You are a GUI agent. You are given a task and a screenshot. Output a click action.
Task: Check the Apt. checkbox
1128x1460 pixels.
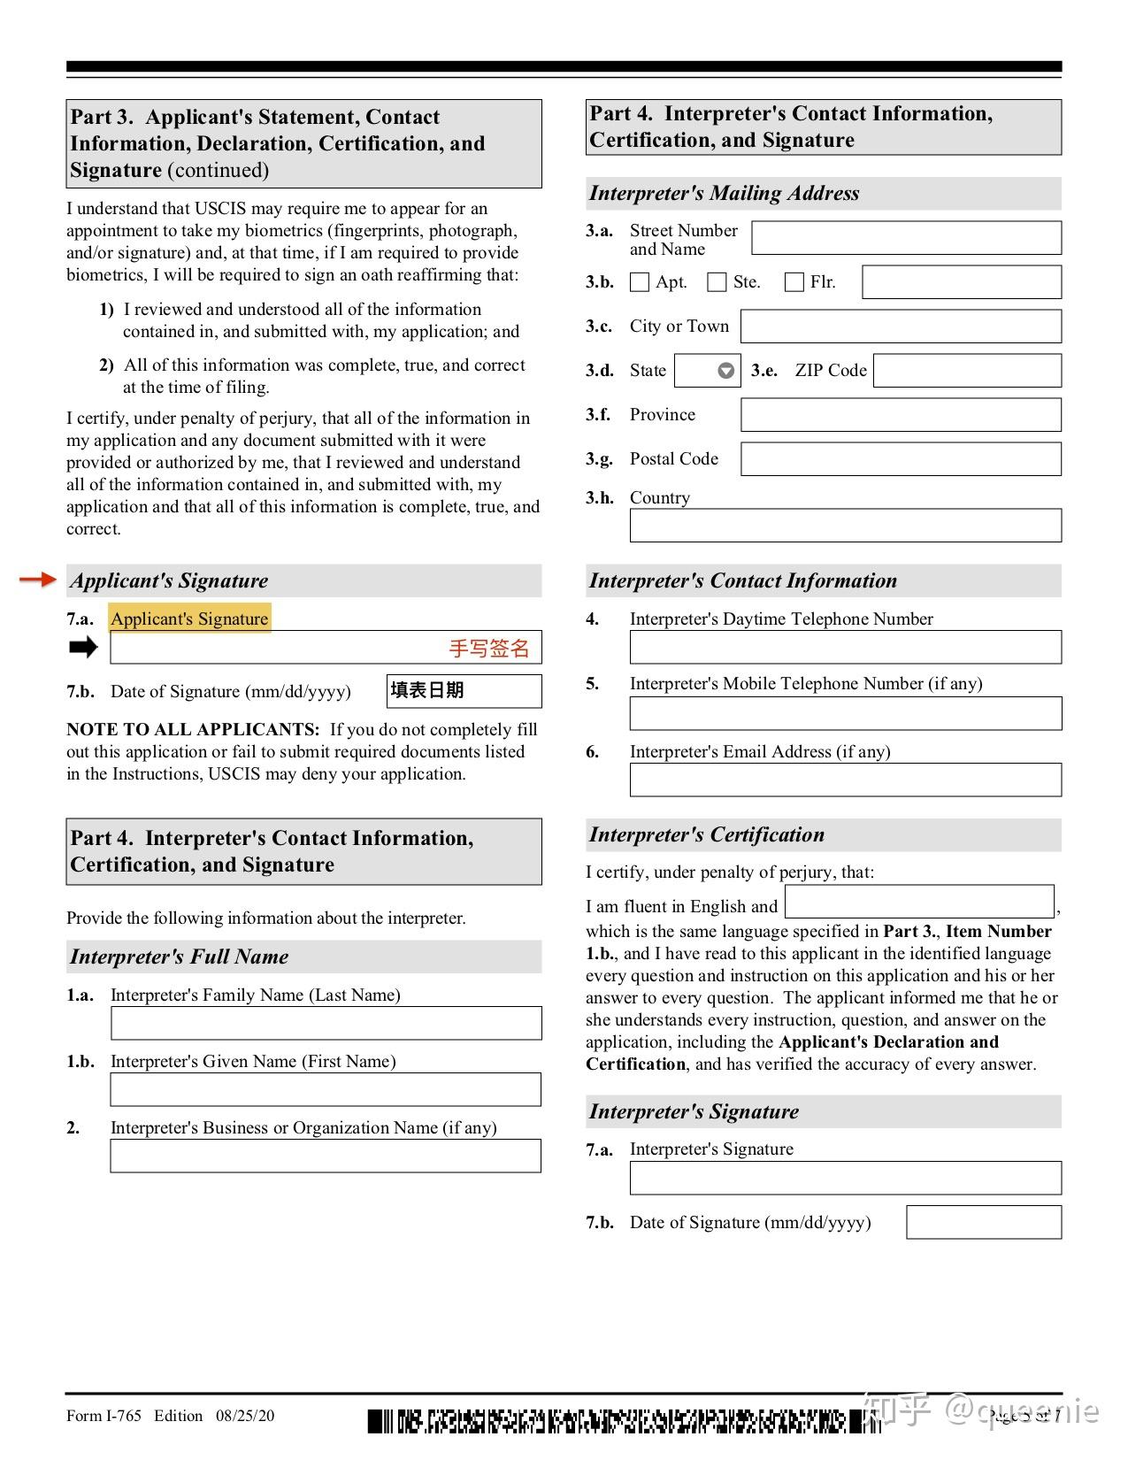(x=639, y=282)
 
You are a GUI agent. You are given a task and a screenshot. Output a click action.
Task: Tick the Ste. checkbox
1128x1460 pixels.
(x=717, y=282)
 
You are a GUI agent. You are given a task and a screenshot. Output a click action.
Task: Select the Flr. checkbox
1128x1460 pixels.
(x=794, y=282)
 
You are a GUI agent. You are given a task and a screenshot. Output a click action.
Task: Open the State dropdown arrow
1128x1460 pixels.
(x=725, y=371)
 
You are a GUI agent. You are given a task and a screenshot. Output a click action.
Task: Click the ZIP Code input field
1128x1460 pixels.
(x=967, y=371)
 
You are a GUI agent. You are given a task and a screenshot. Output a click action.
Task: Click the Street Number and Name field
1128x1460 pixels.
(x=906, y=238)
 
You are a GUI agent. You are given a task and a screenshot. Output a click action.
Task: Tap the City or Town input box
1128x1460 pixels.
(x=901, y=327)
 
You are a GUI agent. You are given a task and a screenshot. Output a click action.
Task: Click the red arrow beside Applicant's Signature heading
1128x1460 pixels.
(x=37, y=580)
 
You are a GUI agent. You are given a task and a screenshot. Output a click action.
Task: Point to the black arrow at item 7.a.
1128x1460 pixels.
(x=83, y=648)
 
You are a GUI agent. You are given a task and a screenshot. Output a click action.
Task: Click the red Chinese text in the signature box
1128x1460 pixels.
(x=489, y=649)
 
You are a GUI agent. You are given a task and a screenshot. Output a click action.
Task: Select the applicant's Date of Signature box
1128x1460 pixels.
(x=464, y=691)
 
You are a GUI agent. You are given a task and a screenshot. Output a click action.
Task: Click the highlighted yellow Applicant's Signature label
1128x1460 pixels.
(x=189, y=619)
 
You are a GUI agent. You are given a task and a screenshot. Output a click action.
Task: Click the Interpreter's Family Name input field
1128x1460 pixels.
(x=326, y=1023)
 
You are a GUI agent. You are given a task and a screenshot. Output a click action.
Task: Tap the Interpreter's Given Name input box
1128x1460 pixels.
(x=326, y=1089)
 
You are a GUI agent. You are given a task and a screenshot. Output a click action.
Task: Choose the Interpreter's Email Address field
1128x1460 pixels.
(x=845, y=780)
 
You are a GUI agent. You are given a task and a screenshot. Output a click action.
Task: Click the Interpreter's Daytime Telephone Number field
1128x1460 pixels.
(x=845, y=647)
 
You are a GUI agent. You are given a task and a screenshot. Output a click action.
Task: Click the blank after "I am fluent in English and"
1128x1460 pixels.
(x=919, y=902)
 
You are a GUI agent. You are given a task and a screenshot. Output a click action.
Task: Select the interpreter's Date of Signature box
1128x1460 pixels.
(x=984, y=1222)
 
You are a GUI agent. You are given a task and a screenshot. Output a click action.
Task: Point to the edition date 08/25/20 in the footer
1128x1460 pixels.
(x=245, y=1416)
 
